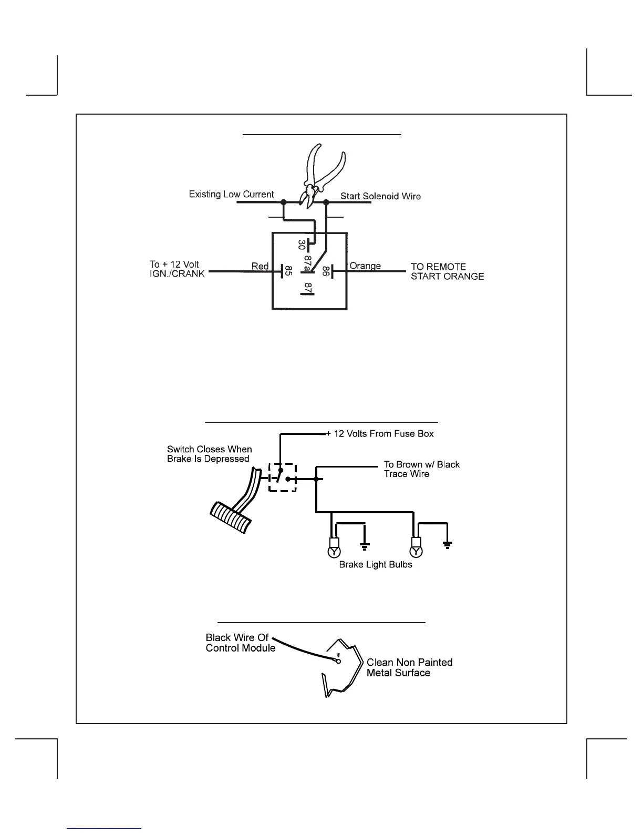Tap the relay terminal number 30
pos(302,245)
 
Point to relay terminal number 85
pos(288,271)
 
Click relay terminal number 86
pos(326,271)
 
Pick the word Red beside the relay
pos(260,266)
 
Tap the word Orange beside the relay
pos(365,266)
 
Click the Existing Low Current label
pos(231,195)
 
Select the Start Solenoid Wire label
pos(380,196)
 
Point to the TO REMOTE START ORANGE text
pos(447,271)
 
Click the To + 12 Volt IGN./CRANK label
pos(177,269)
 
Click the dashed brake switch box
pos(283,478)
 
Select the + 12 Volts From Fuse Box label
pos(380,434)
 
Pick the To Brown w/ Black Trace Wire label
pos(421,469)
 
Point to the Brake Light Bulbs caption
pos(376,565)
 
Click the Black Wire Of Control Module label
pos(240,643)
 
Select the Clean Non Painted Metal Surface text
pos(409,667)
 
